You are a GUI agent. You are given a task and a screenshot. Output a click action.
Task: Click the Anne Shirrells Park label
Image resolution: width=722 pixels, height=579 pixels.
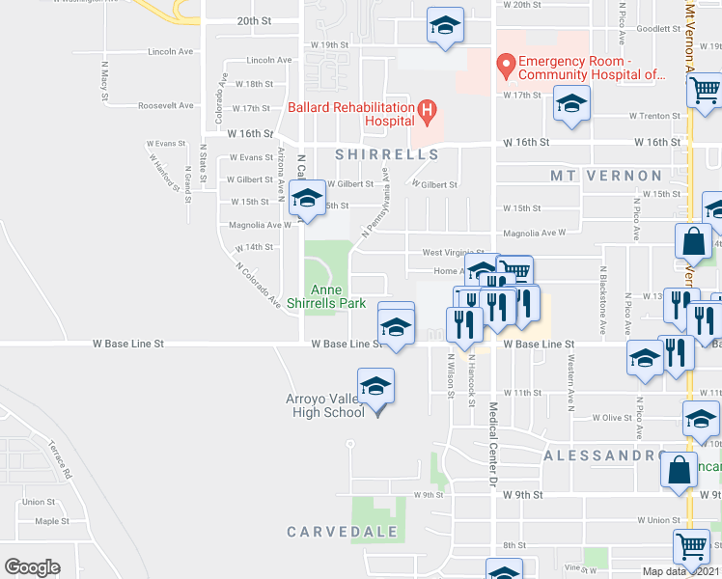click(x=326, y=296)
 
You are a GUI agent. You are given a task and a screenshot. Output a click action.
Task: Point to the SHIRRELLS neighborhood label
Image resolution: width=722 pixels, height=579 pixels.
click(x=387, y=154)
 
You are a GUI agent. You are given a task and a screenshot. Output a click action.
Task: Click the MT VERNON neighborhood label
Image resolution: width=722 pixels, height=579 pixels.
click(x=606, y=176)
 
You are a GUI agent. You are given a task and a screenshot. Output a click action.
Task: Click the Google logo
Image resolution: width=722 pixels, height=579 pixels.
click(x=32, y=566)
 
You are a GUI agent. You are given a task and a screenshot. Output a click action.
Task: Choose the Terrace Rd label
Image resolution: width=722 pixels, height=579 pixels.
click(x=60, y=459)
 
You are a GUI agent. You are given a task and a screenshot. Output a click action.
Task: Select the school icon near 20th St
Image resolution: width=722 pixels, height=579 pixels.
click(x=445, y=26)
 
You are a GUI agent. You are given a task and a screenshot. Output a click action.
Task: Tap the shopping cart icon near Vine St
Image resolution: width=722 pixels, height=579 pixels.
click(x=691, y=547)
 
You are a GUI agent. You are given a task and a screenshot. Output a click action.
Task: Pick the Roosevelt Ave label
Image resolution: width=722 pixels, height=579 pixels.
click(x=166, y=106)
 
